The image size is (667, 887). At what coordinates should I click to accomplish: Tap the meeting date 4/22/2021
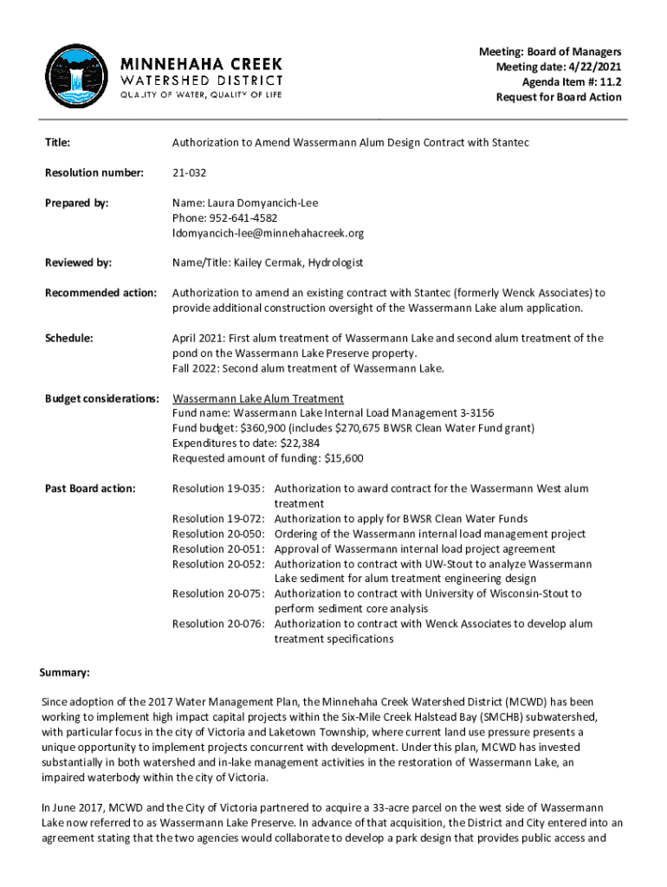pyautogui.click(x=593, y=67)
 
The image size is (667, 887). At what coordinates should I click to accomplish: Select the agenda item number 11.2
pyautogui.click(x=609, y=81)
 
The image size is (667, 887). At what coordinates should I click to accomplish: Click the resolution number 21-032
pyautogui.click(x=190, y=172)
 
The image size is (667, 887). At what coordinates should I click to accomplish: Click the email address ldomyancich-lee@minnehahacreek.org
pyautogui.click(x=268, y=233)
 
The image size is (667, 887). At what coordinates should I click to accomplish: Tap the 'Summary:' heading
pyautogui.click(x=65, y=672)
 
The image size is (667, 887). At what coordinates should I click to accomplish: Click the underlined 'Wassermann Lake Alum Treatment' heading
pyautogui.click(x=258, y=398)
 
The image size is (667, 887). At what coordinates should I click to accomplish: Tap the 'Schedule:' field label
pyautogui.click(x=69, y=338)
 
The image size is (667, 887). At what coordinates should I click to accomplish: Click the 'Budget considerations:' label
pyautogui.click(x=101, y=398)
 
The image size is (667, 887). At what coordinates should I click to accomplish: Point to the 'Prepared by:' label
pyautogui.click(x=77, y=203)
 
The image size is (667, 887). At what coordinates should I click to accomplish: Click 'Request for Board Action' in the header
pyautogui.click(x=558, y=97)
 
